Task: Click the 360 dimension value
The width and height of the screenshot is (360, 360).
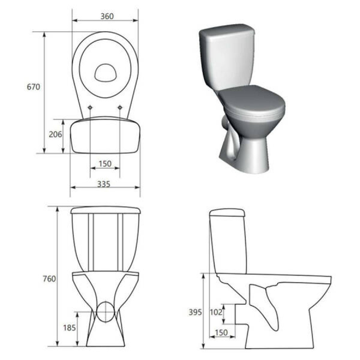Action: click(x=107, y=16)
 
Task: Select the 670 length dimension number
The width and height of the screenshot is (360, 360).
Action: click(x=34, y=87)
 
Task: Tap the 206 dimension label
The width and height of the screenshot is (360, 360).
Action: click(x=55, y=134)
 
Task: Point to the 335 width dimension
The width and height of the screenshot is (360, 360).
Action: click(x=104, y=184)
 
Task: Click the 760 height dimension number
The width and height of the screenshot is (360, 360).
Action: click(x=49, y=279)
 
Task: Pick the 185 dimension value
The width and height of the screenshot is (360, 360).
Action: click(x=69, y=328)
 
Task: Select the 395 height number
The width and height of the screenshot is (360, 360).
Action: click(x=195, y=312)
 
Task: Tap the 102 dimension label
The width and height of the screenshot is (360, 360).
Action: click(x=216, y=312)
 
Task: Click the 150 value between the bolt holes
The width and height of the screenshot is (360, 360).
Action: click(x=105, y=164)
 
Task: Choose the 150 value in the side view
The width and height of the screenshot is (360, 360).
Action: click(x=221, y=332)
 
